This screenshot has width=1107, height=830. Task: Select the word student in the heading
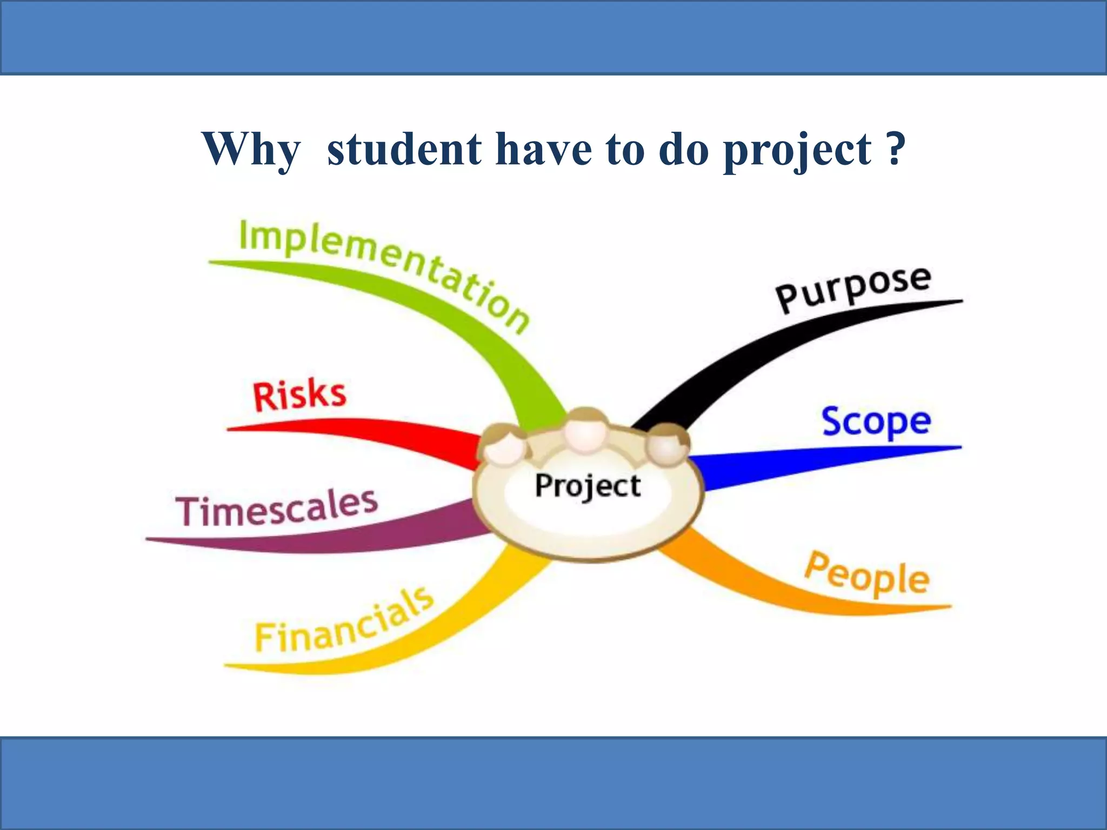click(404, 149)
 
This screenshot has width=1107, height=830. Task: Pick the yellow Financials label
click(344, 621)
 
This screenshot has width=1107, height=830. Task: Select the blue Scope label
click(876, 422)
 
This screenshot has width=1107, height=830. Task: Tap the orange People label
click(866, 574)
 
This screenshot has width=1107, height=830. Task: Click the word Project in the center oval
click(588, 486)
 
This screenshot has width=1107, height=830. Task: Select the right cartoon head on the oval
click(667, 445)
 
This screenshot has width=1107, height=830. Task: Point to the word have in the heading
click(543, 149)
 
